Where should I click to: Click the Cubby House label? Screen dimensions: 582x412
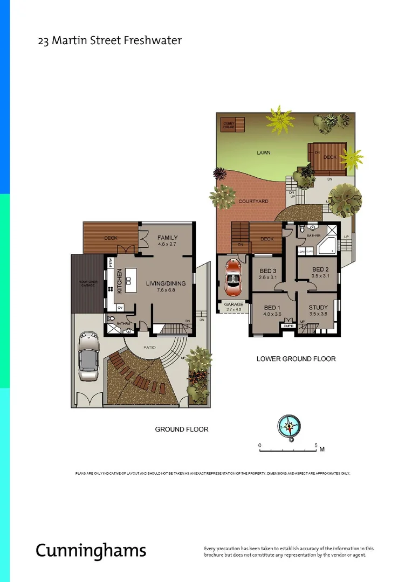[x=229, y=125]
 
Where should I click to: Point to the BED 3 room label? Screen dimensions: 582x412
[x=267, y=271]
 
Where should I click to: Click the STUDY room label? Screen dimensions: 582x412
[x=318, y=308]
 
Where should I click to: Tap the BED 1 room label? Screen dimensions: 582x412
[x=273, y=308]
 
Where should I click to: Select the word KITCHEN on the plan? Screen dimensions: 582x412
[x=120, y=281]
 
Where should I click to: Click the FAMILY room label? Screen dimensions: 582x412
[x=167, y=238]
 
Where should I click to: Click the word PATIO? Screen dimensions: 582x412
[x=149, y=348]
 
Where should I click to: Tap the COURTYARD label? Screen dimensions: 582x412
[x=253, y=201]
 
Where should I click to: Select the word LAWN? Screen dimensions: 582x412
[x=263, y=153]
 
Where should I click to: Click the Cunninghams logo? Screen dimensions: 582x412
[x=91, y=550]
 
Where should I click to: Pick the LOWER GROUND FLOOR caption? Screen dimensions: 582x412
[x=296, y=359]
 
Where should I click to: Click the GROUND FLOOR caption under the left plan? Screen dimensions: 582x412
[x=181, y=429]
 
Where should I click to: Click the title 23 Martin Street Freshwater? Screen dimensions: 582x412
[x=109, y=40]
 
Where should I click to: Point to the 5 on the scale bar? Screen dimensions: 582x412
[x=316, y=445]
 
